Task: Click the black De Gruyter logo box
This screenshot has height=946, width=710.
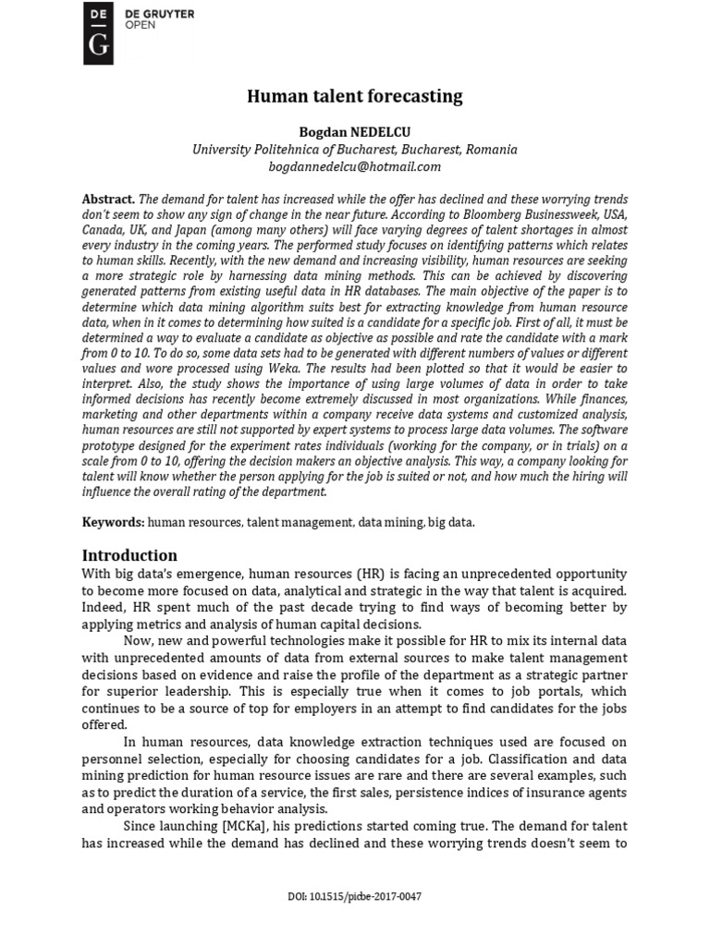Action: (98, 33)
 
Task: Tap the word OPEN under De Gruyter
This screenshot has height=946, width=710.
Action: (141, 25)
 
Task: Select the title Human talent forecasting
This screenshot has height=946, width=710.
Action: (354, 96)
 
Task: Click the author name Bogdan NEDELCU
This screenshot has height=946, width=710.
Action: (354, 133)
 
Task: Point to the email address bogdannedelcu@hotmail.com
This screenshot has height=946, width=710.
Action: (354, 166)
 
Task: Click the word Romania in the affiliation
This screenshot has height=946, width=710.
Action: (492, 150)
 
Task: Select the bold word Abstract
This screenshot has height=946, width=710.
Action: (108, 200)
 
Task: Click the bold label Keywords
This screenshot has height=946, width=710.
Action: (113, 522)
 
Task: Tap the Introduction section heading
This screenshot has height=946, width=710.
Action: (129, 555)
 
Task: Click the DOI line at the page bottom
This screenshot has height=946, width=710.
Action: (354, 896)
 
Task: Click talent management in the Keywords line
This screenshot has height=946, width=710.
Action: (300, 522)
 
